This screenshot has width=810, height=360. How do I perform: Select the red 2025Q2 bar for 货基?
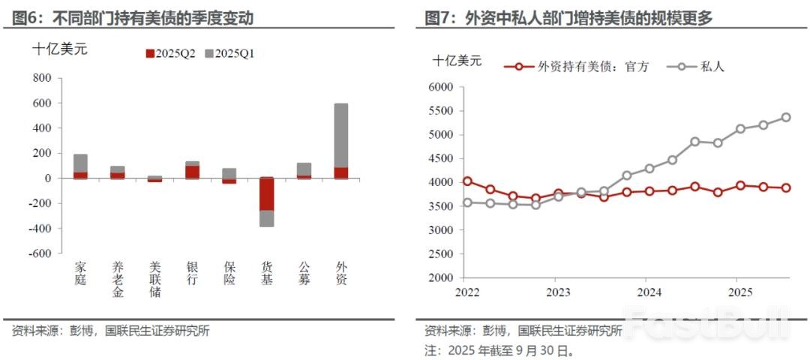[267, 194]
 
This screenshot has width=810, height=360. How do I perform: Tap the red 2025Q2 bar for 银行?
[193, 172]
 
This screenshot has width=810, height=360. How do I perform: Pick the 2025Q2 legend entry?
[170, 53]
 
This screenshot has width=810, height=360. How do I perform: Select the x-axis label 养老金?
[118, 279]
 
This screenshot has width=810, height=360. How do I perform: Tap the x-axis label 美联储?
[155, 279]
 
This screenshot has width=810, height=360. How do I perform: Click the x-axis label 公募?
[304, 273]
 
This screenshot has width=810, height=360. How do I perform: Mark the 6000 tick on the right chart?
[440, 87]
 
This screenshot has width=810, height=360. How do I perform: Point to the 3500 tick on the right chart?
[440, 206]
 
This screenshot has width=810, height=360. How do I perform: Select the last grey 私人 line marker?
[786, 118]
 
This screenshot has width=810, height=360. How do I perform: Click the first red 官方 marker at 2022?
[467, 181]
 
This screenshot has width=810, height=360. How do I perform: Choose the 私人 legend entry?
[701, 66]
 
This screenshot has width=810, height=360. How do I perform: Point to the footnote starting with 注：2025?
[499, 349]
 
